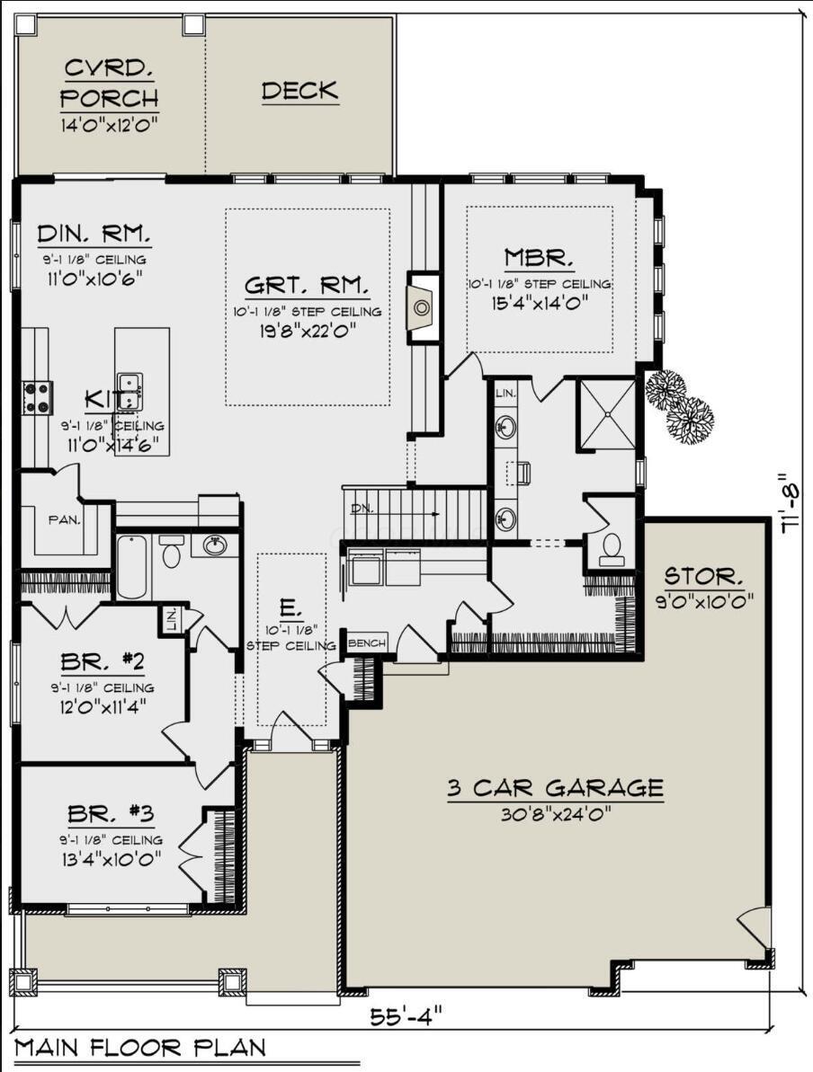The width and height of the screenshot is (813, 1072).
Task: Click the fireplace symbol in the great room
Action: click(422, 308)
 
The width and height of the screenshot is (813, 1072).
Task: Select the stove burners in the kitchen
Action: click(38, 397)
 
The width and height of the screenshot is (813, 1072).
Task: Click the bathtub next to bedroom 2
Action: click(131, 567)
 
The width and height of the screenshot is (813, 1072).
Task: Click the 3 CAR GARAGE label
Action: click(555, 788)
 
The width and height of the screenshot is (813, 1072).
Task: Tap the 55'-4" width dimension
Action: click(406, 1017)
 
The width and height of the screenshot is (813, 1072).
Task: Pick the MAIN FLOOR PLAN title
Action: click(139, 1048)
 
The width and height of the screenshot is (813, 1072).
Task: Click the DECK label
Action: click(299, 91)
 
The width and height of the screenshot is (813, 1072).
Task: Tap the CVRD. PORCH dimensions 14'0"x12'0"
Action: click(110, 125)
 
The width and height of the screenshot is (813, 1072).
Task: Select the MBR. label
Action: click(539, 259)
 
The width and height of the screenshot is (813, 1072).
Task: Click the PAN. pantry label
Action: click(64, 519)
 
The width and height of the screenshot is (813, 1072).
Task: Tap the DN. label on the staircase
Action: click(362, 509)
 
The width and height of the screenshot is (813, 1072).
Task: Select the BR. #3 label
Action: click(111, 815)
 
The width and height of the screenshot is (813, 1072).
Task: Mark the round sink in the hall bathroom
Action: click(215, 545)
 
